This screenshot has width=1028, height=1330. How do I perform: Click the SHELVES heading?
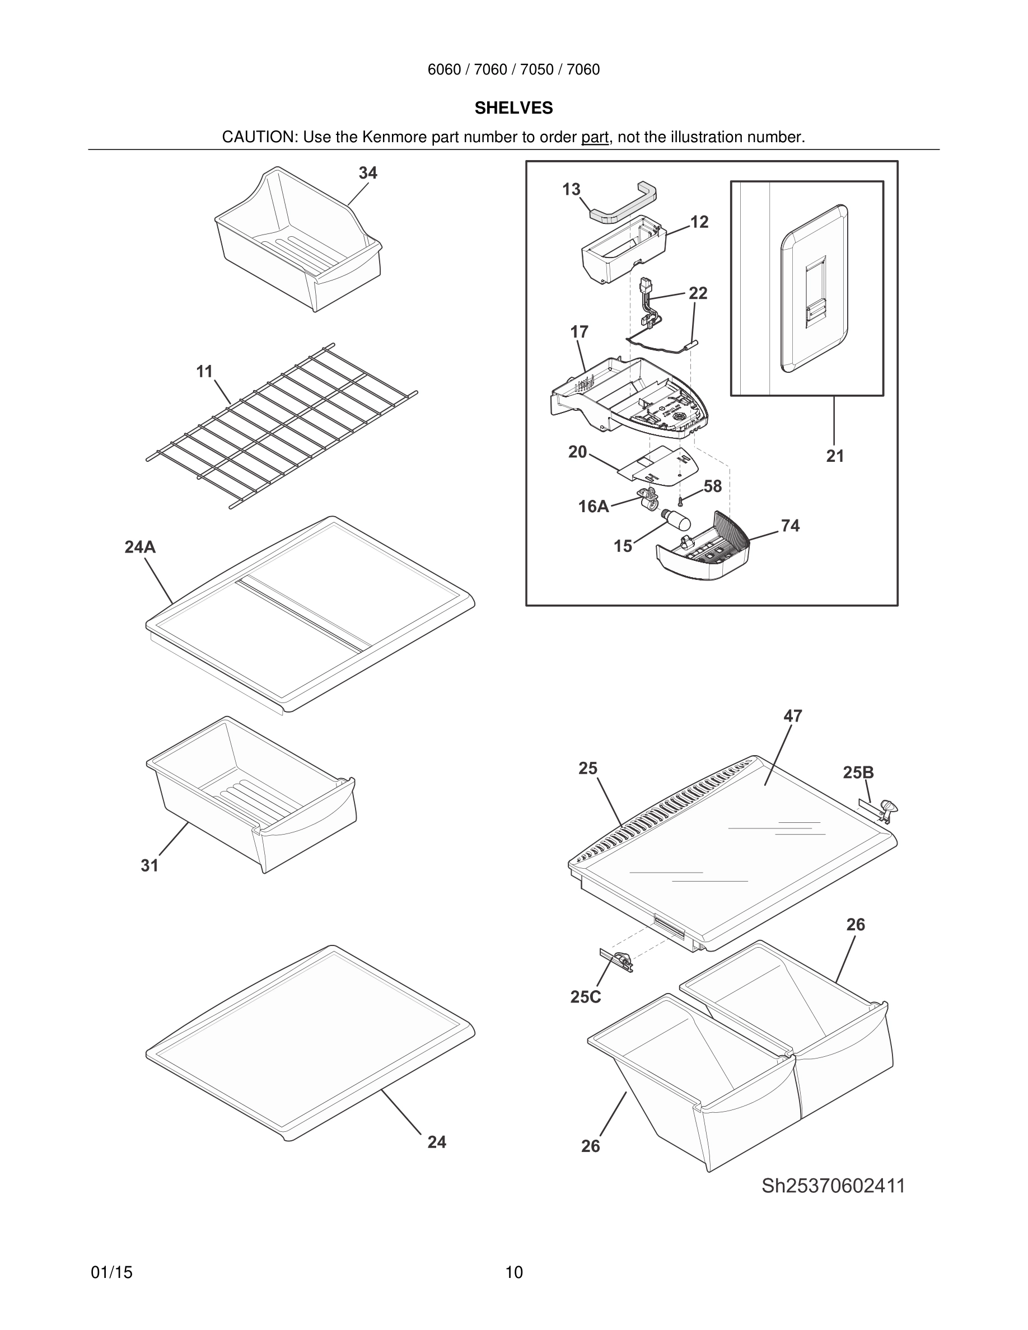[513, 108]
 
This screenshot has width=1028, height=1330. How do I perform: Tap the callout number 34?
[367, 173]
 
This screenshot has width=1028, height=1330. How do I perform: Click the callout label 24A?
[139, 547]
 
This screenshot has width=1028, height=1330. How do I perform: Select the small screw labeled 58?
[680, 501]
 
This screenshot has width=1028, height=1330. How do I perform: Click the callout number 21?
[835, 456]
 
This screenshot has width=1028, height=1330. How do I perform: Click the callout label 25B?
[858, 773]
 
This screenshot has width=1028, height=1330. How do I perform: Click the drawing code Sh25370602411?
[833, 1186]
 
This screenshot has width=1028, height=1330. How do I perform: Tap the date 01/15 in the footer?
[111, 1272]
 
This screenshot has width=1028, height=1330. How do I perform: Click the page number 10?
[514, 1272]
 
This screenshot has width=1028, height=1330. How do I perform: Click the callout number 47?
[792, 716]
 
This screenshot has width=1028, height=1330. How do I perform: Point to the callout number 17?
[579, 332]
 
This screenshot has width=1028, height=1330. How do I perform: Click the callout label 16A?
[593, 506]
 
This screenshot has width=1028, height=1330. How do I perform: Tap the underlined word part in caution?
[595, 138]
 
